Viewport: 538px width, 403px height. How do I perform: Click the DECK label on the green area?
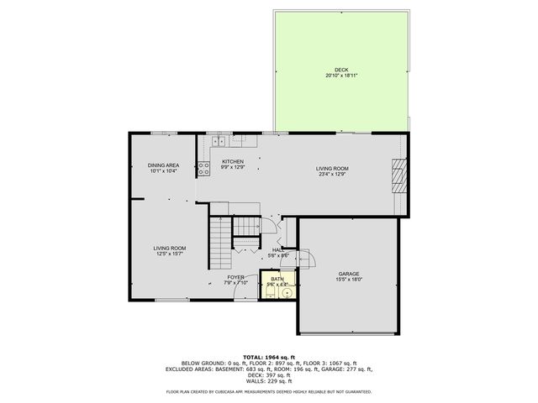click(340, 70)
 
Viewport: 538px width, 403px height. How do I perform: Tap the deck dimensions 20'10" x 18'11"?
click(340, 76)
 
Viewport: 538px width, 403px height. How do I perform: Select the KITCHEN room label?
click(233, 161)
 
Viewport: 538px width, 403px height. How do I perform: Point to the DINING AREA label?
click(164, 165)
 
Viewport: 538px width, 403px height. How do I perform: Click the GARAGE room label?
click(349, 274)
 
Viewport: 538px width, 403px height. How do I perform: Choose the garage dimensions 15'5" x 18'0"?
click(349, 280)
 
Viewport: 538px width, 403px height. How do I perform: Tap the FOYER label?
click(235, 277)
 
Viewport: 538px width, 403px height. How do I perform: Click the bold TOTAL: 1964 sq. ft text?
click(269, 357)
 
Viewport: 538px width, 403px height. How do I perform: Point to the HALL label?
click(278, 249)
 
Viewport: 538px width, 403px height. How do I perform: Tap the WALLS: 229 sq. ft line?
click(269, 381)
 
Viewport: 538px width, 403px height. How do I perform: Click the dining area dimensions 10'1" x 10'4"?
click(164, 171)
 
